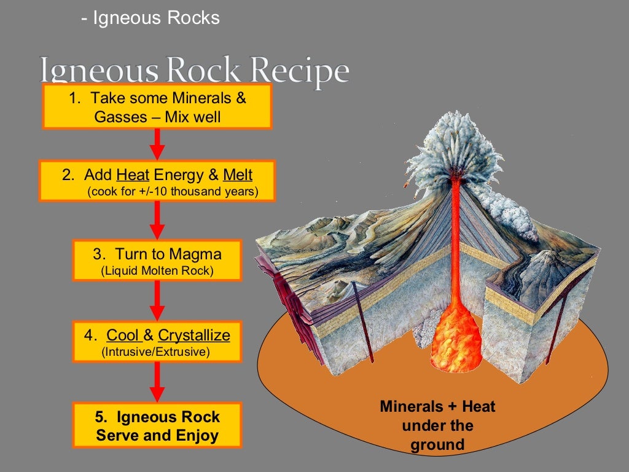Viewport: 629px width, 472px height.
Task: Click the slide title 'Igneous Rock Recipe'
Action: pyautogui.click(x=194, y=71)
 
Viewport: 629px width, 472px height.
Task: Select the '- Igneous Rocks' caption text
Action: pyautogui.click(x=150, y=18)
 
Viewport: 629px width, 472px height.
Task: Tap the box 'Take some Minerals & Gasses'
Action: pyautogui.click(x=157, y=107)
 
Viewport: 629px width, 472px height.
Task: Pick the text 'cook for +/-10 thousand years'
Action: pyautogui.click(x=173, y=192)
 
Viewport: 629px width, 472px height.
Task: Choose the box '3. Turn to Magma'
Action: pyautogui.click(x=157, y=261)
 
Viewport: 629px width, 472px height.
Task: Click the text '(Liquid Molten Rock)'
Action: pyautogui.click(x=157, y=270)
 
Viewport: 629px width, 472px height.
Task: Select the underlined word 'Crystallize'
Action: pyautogui.click(x=194, y=335)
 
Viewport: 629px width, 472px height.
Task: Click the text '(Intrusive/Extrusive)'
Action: pyautogui.click(x=157, y=352)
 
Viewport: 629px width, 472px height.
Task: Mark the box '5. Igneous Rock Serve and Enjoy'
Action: pyautogui.click(x=157, y=426)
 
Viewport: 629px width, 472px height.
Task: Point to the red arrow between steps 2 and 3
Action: pyautogui.click(x=157, y=220)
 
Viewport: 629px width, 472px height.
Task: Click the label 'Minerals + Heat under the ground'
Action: pyautogui.click(x=437, y=425)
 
